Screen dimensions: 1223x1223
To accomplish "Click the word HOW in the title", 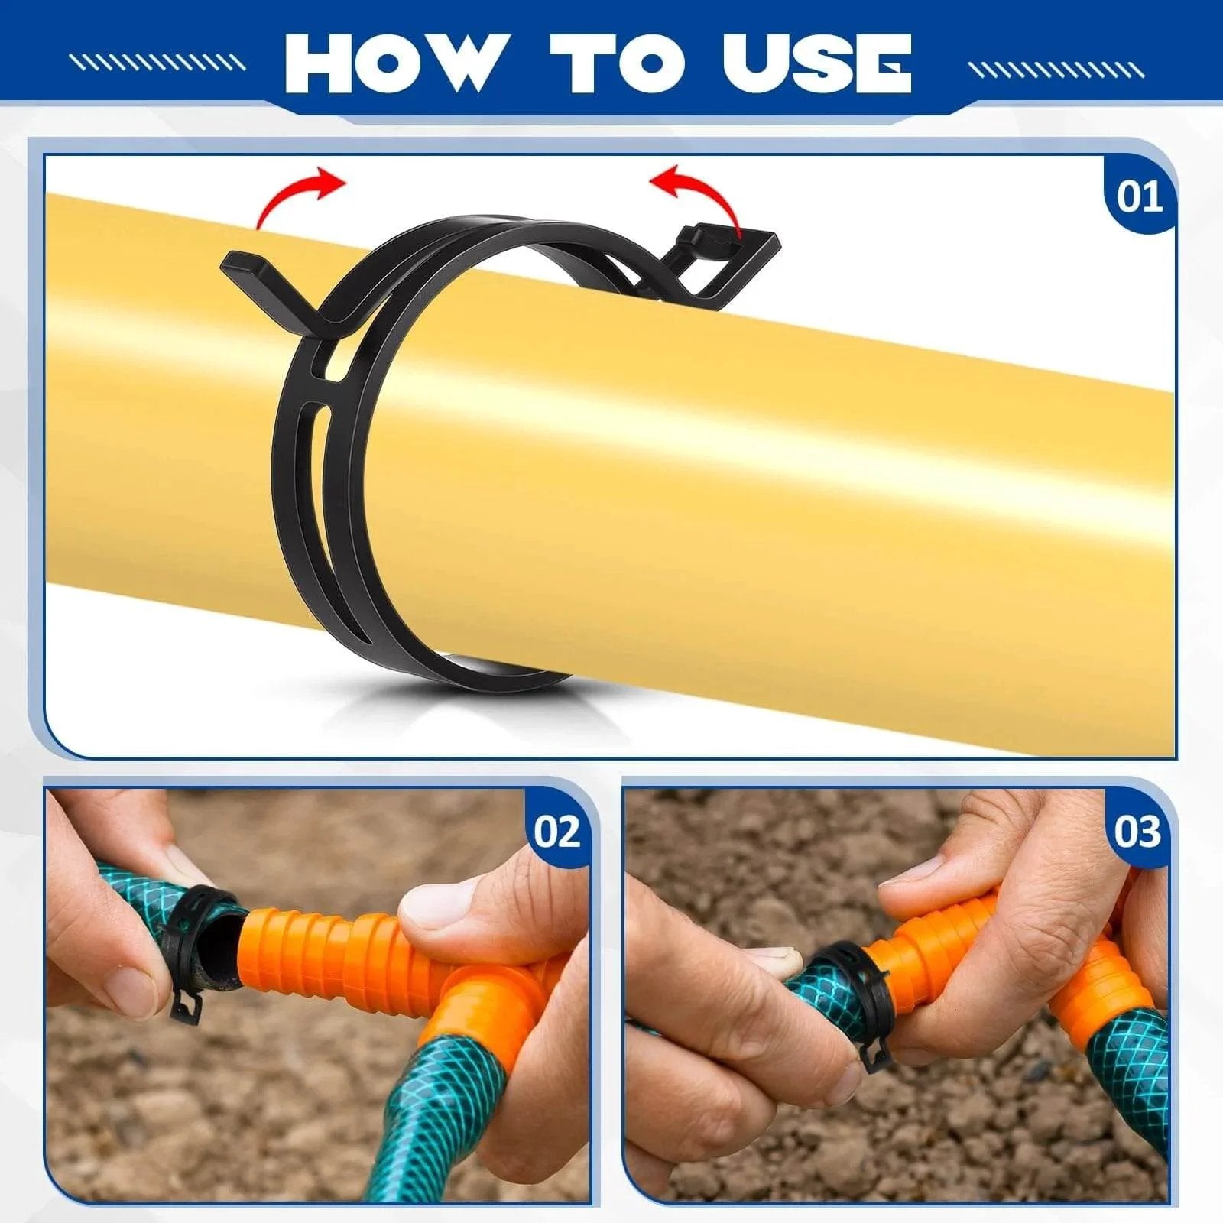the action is [390, 62].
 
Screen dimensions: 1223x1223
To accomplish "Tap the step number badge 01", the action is [1139, 196].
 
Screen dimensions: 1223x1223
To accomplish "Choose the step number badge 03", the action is [1137, 831].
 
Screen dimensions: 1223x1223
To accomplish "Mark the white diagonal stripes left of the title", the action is [157, 63].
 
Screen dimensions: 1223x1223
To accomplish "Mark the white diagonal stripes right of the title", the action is [1056, 70].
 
